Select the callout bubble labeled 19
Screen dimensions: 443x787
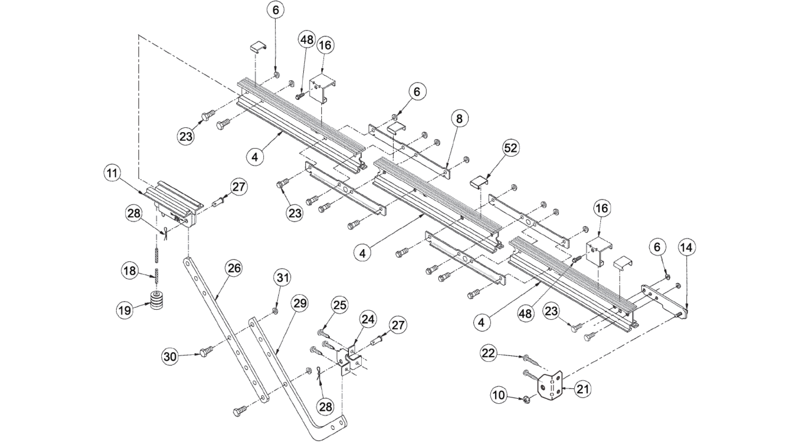[125, 310]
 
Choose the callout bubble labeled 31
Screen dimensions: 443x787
[283, 278]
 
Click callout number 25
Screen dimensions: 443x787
[340, 305]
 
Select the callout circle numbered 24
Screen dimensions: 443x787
[368, 319]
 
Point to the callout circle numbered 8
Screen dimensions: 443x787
[459, 119]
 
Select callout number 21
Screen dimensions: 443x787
[582, 388]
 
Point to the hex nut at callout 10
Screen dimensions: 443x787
[527, 399]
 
